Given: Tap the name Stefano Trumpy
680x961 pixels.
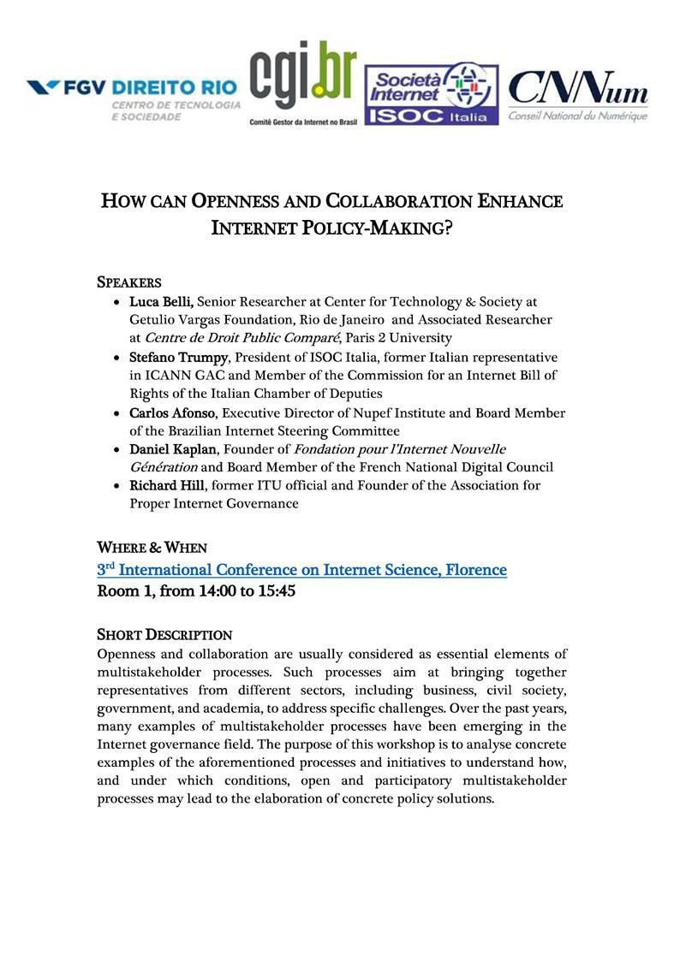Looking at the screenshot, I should click(176, 357).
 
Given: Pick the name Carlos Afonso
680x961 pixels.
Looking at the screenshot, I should click(171, 412).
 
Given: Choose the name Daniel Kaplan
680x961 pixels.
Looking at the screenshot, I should click(171, 449).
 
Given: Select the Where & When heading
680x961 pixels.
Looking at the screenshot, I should click(152, 547).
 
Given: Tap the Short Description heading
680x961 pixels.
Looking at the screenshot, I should click(164, 634).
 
